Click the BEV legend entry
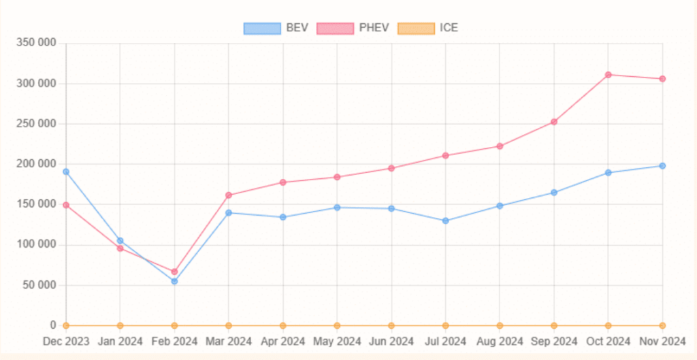coord(276,28)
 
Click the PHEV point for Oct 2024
coord(608,75)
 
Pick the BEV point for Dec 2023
coord(66,171)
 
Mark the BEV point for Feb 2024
coord(174,281)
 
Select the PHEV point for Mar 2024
coord(229,195)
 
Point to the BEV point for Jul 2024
coord(445,220)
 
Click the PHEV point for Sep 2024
coord(554,122)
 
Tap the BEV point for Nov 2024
coord(662,166)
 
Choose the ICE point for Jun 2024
coord(391,325)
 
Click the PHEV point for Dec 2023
coord(66,205)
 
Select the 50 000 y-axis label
coord(39,285)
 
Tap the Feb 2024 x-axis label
coord(174,341)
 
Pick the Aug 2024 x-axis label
coord(500,341)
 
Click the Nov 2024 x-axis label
coord(662,341)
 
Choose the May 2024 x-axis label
coord(337,341)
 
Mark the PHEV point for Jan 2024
coord(120,248)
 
